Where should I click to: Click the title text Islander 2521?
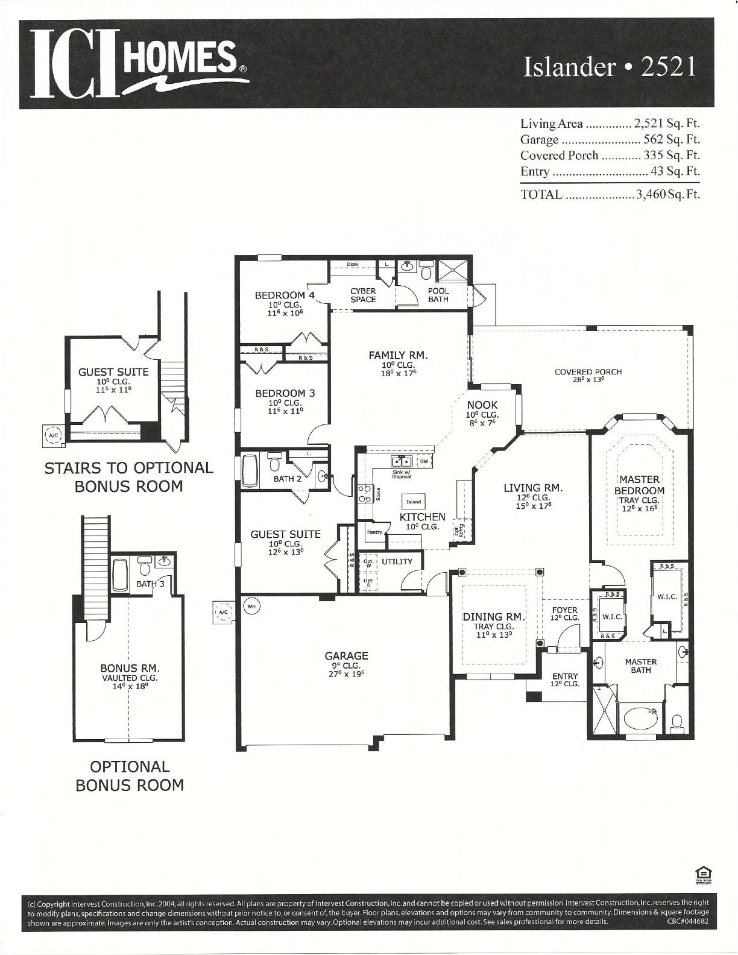(x=610, y=67)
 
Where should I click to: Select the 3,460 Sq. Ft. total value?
(x=668, y=195)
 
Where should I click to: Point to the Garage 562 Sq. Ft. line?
(x=610, y=140)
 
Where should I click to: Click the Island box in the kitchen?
(x=414, y=502)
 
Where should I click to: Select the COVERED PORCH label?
(x=588, y=372)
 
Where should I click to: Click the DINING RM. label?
(x=494, y=617)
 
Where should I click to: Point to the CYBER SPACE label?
(x=363, y=295)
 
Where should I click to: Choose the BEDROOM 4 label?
(x=285, y=295)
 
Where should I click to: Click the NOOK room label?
(x=482, y=405)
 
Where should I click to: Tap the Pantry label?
(x=374, y=532)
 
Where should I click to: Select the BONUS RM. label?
(x=130, y=668)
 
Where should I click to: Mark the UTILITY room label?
(x=397, y=561)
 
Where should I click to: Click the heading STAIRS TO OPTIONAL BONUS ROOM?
(x=128, y=477)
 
